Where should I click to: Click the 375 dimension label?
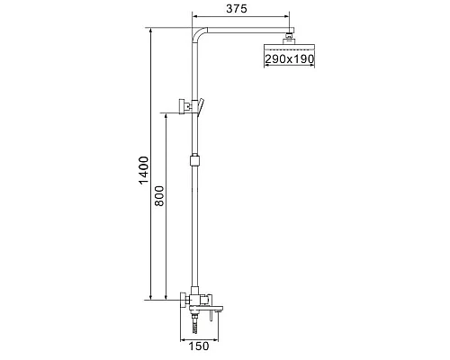(x=237, y=9)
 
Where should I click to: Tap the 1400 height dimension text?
(x=144, y=170)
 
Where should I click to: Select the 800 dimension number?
(x=159, y=196)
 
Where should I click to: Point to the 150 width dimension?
(x=199, y=346)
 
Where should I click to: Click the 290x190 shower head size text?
(x=290, y=59)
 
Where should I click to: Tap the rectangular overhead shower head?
(x=290, y=47)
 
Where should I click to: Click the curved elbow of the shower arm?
(x=199, y=33)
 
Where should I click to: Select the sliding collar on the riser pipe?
(x=194, y=160)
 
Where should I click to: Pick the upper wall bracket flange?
(x=182, y=106)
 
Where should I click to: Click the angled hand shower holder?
(x=201, y=107)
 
